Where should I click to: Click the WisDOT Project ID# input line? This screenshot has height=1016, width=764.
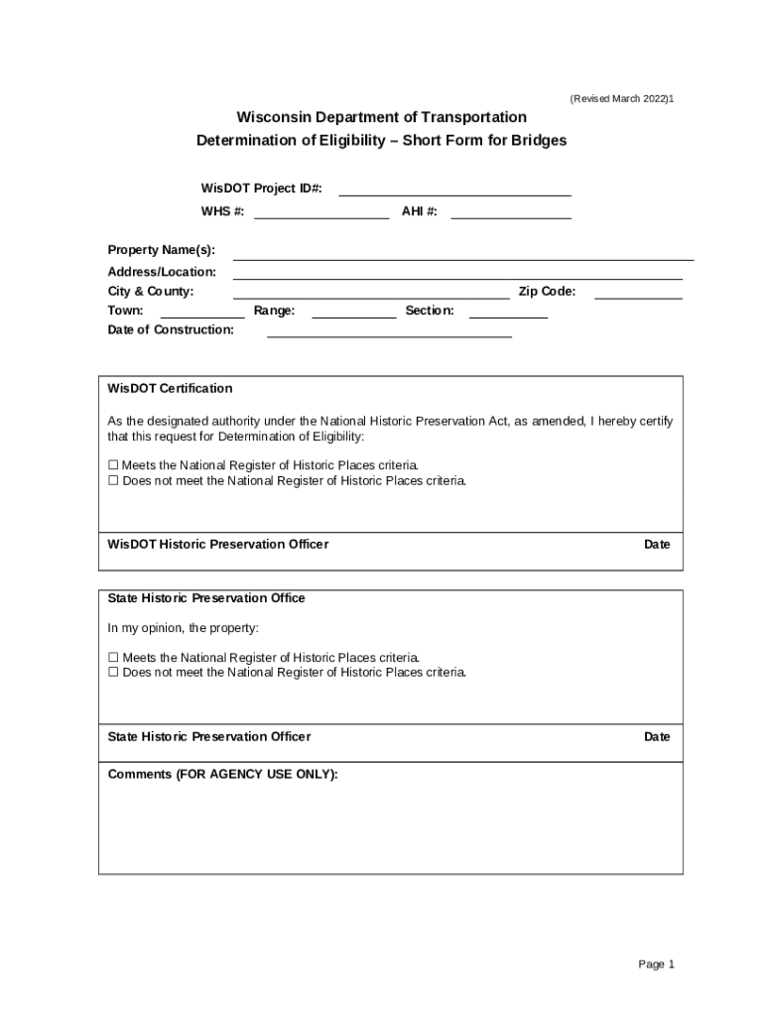[454, 190]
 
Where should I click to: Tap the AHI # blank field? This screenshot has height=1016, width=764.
[511, 211]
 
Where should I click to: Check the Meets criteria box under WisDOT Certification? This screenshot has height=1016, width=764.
[113, 465]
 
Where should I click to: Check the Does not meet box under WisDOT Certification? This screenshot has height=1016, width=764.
[113, 481]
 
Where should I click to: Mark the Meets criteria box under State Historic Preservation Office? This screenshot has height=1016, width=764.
[113, 658]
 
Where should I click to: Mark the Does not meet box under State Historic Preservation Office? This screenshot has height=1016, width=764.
[113, 673]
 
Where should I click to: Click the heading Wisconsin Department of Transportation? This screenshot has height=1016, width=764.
[381, 117]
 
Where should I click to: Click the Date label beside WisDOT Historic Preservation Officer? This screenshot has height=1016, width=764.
[657, 545]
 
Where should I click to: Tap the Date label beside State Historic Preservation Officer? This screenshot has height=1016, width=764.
[657, 737]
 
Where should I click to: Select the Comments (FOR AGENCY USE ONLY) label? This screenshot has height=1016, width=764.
[222, 775]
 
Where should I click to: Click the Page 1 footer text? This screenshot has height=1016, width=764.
[656, 964]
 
